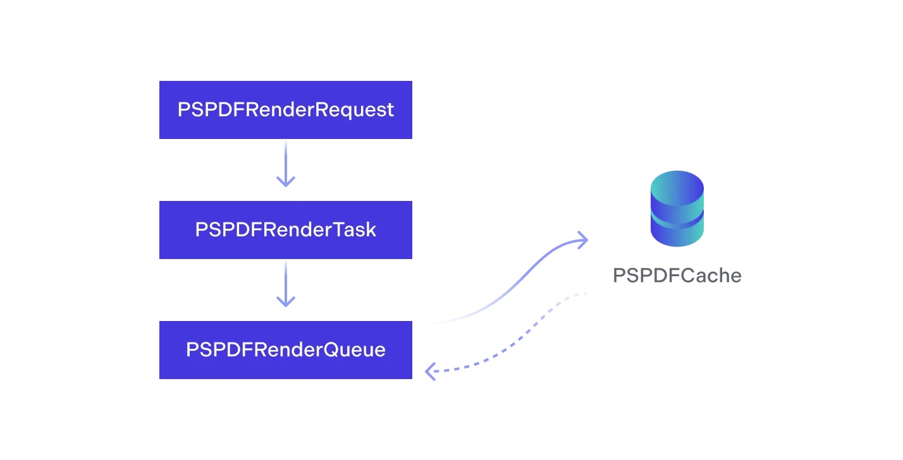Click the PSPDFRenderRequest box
(x=285, y=111)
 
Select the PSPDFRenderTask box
(x=285, y=229)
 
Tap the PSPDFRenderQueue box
(x=285, y=349)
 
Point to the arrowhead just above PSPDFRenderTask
(x=285, y=181)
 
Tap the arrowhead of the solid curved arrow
(x=582, y=239)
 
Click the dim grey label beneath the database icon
(x=677, y=275)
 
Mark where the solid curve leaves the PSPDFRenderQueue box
(x=416, y=325)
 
